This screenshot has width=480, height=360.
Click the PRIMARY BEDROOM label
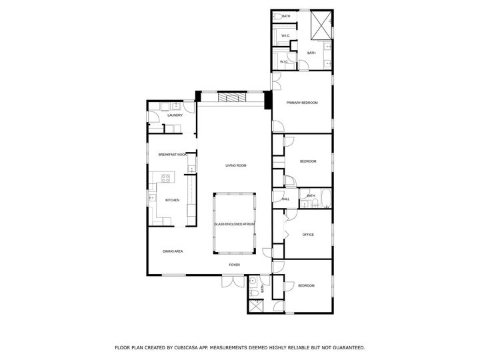click(x=301, y=103)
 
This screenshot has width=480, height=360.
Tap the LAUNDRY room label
click(x=175, y=115)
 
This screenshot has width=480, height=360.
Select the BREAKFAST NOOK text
click(x=172, y=154)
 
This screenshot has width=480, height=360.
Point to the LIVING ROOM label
click(x=235, y=165)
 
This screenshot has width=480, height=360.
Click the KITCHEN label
click(x=172, y=200)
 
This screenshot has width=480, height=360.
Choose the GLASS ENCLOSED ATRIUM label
click(x=234, y=224)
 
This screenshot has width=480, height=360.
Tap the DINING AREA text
click(x=173, y=251)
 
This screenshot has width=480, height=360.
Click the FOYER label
click(x=234, y=265)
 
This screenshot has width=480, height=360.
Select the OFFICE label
click(x=307, y=235)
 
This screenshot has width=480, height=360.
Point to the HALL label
click(x=285, y=199)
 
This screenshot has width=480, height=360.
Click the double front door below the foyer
click(x=233, y=282)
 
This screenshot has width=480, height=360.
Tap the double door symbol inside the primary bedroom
click(x=276, y=81)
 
